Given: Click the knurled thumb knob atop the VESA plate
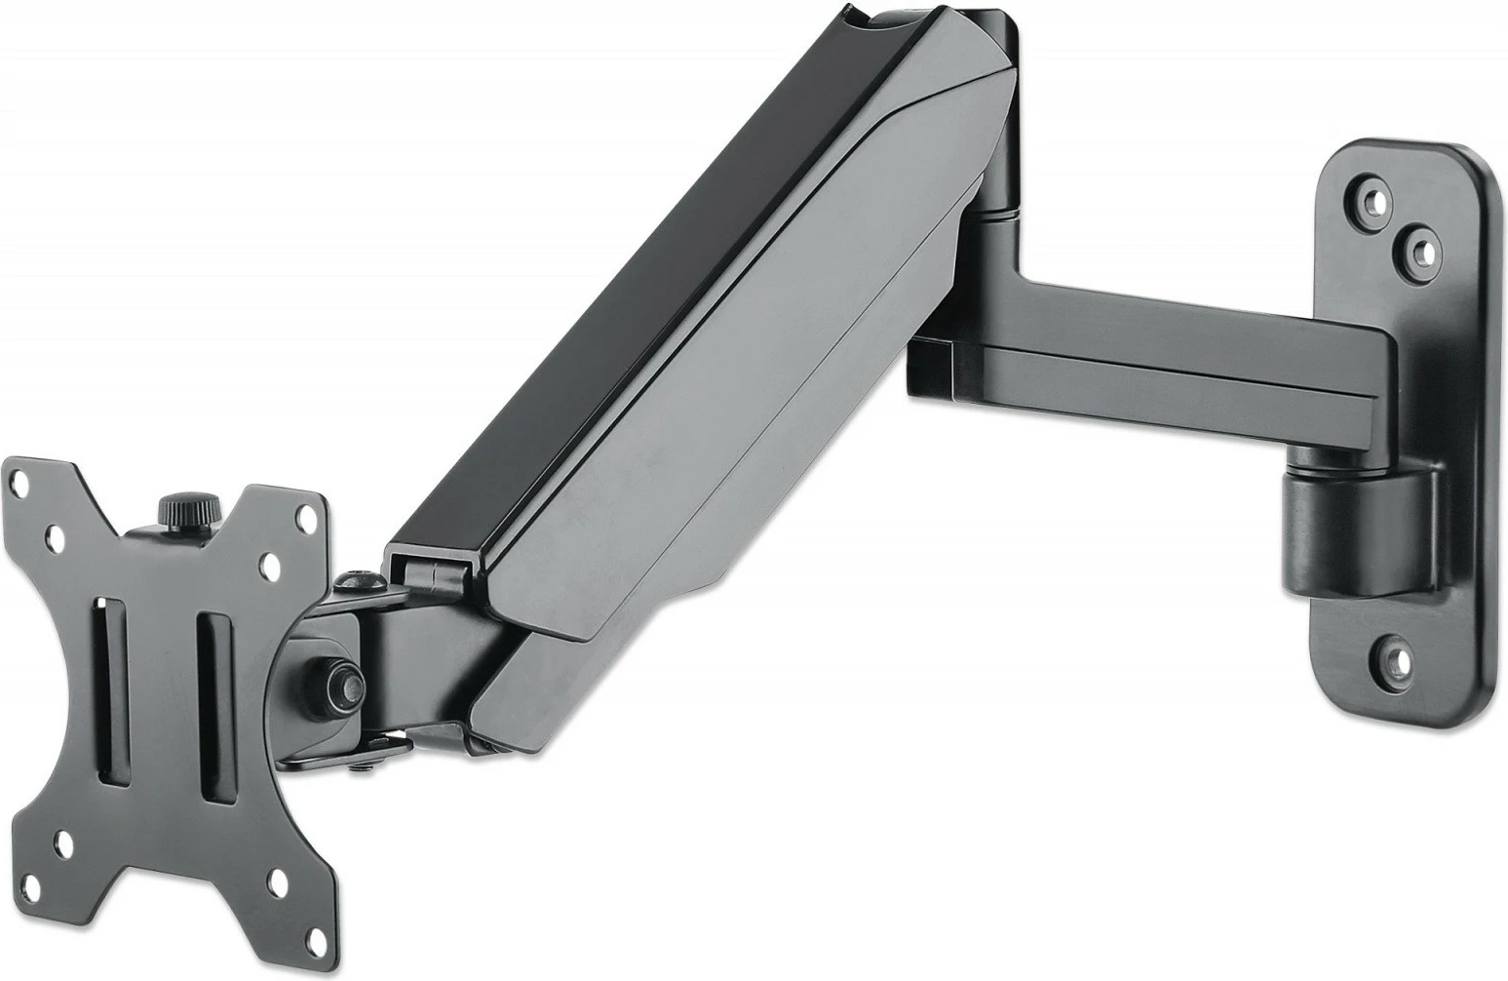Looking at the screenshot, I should (x=176, y=508).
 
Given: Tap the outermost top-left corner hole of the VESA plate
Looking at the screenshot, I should (x=19, y=478).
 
